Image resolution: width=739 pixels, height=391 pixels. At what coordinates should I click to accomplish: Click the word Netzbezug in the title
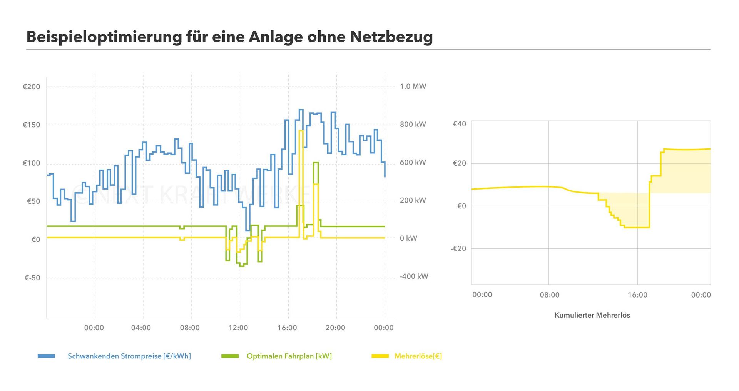[391, 37]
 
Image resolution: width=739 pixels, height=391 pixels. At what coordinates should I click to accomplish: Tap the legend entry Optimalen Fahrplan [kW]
[289, 356]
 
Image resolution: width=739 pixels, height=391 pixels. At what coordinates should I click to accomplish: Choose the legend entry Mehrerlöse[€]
[418, 356]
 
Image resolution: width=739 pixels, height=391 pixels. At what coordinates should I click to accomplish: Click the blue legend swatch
[46, 356]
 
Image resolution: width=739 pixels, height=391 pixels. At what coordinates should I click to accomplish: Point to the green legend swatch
[230, 356]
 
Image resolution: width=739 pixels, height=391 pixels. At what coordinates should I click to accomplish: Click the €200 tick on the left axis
[32, 87]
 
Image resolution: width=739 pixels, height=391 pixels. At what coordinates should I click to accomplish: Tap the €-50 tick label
[32, 278]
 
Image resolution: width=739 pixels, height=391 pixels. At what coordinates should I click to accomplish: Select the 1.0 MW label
[413, 86]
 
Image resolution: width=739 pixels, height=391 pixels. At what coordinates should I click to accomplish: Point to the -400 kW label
[414, 276]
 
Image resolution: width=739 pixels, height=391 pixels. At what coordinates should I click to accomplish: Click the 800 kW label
[413, 124]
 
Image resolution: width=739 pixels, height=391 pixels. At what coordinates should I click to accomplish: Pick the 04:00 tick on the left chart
[141, 328]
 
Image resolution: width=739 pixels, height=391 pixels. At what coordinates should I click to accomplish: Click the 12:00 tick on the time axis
[238, 328]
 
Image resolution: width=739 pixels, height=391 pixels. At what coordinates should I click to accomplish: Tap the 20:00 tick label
[335, 328]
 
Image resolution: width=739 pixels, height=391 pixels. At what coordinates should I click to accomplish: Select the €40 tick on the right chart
[459, 124]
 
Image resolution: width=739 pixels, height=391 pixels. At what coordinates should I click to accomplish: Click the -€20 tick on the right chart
[458, 248]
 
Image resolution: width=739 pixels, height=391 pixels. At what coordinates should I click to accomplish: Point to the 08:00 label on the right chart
[550, 295]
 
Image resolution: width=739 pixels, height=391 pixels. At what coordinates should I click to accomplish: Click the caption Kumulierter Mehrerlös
[592, 315]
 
